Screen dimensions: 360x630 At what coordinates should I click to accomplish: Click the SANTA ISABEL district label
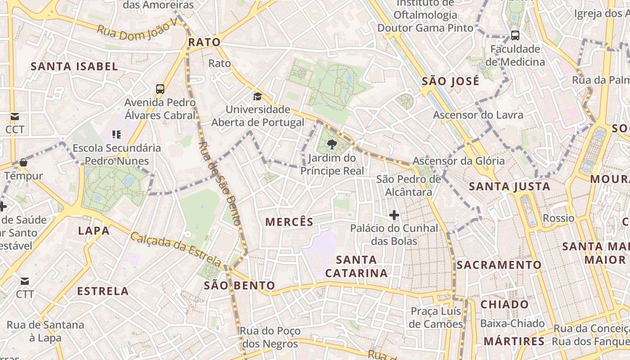74,67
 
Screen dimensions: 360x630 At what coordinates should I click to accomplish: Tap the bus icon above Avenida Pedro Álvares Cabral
160,89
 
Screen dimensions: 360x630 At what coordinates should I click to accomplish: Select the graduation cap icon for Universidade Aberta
257,96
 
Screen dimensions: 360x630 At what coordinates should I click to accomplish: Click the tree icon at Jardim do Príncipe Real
332,144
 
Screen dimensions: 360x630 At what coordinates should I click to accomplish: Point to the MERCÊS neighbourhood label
289,221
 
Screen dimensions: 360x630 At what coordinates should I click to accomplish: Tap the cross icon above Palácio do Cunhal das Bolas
394,215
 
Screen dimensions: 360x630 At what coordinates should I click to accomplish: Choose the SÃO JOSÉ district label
450,81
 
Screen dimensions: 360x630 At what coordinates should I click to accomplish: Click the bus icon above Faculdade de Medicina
515,35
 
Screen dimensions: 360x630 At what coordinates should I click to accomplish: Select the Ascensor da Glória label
459,161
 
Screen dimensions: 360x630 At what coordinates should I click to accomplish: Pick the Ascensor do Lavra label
478,115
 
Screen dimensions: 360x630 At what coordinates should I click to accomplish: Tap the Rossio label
558,218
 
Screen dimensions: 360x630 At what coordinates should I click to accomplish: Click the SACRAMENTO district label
499,265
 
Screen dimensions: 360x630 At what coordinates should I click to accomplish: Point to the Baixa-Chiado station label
512,323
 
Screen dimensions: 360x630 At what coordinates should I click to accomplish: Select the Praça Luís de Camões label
436,317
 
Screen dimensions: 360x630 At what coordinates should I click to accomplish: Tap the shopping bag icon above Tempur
23,162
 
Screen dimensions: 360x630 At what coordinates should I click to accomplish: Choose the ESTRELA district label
103,291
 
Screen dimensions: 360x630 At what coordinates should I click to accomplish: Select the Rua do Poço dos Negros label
270,337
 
